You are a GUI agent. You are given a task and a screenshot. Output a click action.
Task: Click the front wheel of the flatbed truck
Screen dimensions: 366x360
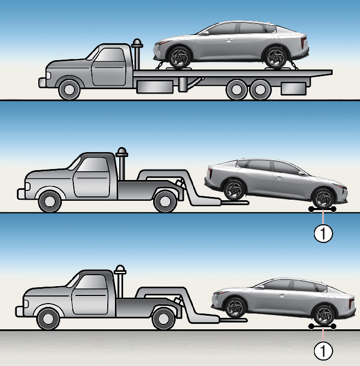click(x=68, y=89)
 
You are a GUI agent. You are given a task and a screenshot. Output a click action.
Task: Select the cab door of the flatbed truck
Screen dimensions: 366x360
click(x=108, y=67)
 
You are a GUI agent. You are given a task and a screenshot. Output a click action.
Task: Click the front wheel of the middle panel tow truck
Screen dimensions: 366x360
click(x=50, y=201)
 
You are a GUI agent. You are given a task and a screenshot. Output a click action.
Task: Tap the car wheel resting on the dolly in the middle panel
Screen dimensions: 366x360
click(x=323, y=198)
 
